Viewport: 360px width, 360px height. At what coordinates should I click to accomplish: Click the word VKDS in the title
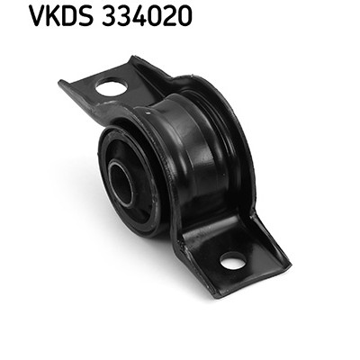[x=60, y=15]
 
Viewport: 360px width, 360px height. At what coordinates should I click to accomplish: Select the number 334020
[x=147, y=15]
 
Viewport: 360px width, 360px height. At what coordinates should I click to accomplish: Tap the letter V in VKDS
[x=37, y=15]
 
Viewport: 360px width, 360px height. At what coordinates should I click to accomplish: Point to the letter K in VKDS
[x=53, y=15]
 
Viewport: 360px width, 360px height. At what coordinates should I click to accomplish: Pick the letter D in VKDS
[x=69, y=15]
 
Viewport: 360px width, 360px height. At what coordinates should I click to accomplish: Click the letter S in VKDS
[x=85, y=15]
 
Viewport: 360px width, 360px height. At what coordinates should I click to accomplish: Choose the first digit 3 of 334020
[x=109, y=15]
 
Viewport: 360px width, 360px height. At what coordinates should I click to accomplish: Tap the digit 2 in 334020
[x=169, y=15]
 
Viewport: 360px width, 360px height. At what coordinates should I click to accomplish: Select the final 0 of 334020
[x=184, y=15]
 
